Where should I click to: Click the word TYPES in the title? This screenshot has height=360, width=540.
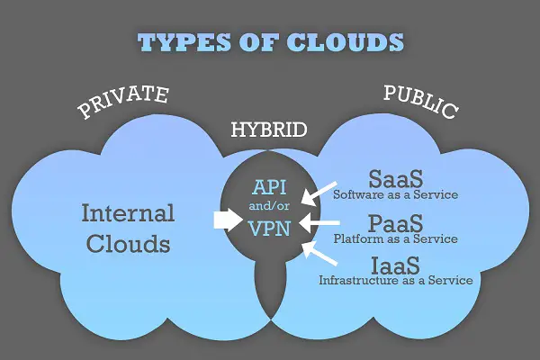(x=184, y=42)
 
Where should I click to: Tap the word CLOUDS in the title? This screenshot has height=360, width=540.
(x=345, y=42)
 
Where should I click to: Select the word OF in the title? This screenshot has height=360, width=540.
(x=258, y=42)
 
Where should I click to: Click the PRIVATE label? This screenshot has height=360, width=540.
(x=123, y=101)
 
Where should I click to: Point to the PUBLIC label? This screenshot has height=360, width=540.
(x=421, y=102)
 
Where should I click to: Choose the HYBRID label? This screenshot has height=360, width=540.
(x=269, y=130)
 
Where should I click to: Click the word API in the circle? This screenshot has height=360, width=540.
(x=269, y=187)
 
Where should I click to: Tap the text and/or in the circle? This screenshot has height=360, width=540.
(x=269, y=206)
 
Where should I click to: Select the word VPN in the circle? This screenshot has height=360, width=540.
(x=269, y=229)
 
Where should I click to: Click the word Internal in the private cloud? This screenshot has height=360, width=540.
(x=128, y=213)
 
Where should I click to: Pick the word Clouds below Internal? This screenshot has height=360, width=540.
(x=128, y=244)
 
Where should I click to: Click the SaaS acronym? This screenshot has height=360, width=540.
(x=396, y=178)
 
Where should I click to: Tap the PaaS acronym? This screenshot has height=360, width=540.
(x=395, y=223)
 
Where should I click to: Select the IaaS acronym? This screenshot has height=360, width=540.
(x=396, y=265)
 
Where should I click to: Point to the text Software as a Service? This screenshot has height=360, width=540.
(x=395, y=195)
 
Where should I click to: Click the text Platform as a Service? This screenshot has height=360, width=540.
(x=395, y=238)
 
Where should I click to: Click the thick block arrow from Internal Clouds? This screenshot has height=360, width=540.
(x=228, y=220)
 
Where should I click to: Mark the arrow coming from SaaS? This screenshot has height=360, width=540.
(x=319, y=193)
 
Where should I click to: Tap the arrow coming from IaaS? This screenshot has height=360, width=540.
(x=319, y=253)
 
